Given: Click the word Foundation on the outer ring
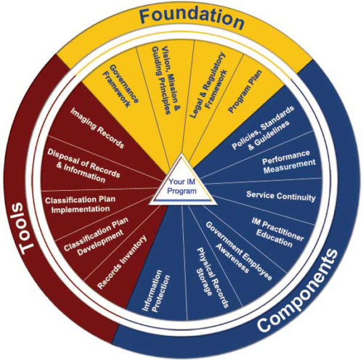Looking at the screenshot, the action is click(x=192, y=19).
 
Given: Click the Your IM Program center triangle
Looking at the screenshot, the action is click(x=181, y=182).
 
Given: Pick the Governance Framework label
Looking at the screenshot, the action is click(x=121, y=86).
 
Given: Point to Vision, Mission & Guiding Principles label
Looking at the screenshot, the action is click(x=166, y=80).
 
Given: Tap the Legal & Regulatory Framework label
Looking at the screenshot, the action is click(x=208, y=85).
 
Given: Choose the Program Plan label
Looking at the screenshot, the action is click(x=245, y=91).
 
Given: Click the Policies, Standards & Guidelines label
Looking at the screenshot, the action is click(x=264, y=128).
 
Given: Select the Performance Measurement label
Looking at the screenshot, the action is click(x=289, y=162).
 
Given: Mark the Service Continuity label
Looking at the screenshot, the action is click(x=281, y=196).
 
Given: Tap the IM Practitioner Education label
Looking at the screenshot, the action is click(x=277, y=232).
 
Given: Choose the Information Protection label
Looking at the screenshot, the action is click(x=155, y=291).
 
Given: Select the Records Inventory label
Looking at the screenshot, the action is click(x=122, y=261).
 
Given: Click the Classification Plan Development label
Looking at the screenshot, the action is click(x=97, y=237).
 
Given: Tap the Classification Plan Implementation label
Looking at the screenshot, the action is click(x=80, y=205).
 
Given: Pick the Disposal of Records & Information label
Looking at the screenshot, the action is click(x=83, y=166).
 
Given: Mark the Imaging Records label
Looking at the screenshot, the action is click(x=97, y=128).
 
